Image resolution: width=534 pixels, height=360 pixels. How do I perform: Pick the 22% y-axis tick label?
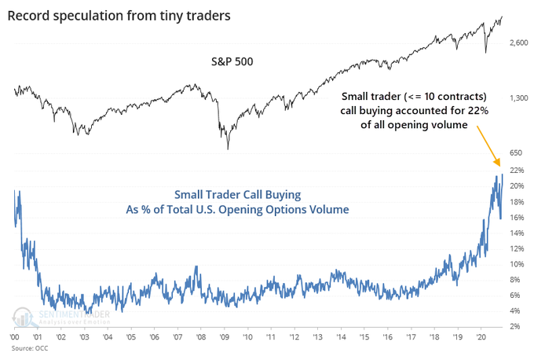tap(516, 170)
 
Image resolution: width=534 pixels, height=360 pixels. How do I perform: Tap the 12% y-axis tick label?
tap(516, 248)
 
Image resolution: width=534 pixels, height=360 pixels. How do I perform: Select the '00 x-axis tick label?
tap(16, 336)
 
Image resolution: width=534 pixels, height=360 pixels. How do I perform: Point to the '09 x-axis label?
tap(225, 336)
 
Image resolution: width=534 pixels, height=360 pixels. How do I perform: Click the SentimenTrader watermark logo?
tap(58, 314)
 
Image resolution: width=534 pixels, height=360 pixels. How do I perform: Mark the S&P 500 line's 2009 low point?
tap(228, 149)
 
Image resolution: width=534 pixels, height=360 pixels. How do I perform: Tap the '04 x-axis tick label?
tap(108, 336)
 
